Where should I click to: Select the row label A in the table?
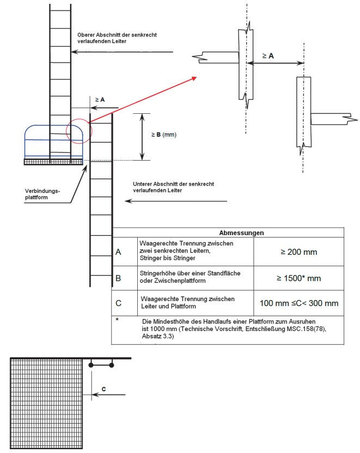[118, 252]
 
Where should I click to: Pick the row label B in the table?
[118, 278]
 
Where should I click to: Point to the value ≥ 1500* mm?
[298, 278]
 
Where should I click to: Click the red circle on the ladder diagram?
[79, 130]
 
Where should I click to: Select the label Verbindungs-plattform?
[42, 194]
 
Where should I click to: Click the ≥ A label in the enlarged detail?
[268, 56]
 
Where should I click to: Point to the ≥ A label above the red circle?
[100, 99]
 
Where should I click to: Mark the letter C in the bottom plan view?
[104, 389]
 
